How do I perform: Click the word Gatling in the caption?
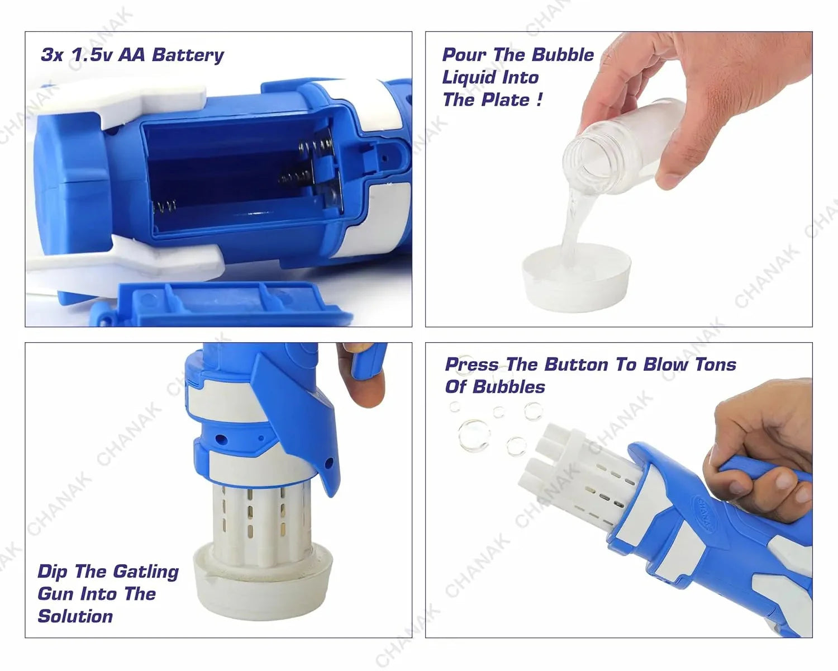[x=146, y=571]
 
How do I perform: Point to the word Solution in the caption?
[x=75, y=616]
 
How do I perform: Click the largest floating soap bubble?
[x=474, y=436]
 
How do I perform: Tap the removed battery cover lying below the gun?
[x=223, y=305]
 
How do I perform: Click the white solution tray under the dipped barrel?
[x=263, y=582]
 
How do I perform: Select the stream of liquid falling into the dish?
[x=572, y=224]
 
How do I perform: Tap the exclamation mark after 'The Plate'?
[x=539, y=100]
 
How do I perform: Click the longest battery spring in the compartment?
[x=316, y=148]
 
